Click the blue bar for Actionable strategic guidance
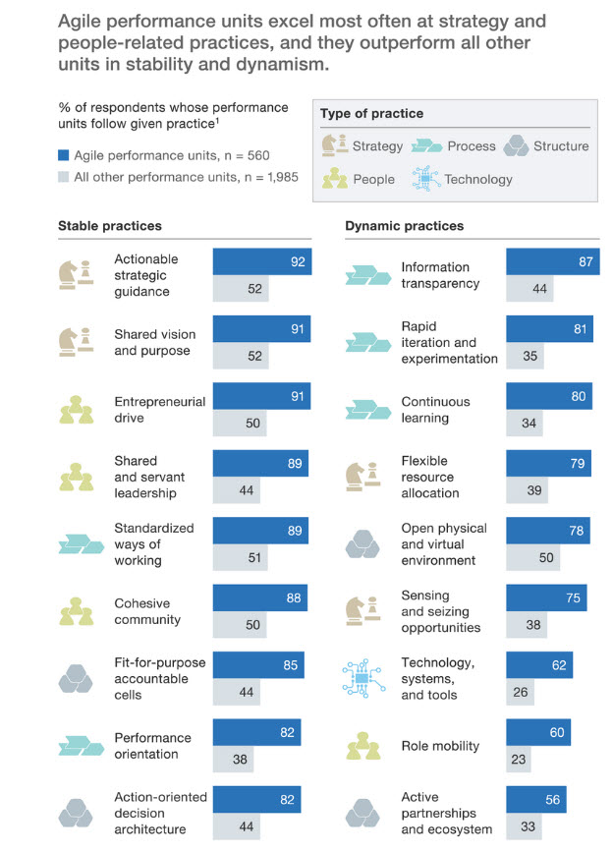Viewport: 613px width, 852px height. click(x=261, y=261)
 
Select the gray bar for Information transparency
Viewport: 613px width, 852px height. click(x=529, y=289)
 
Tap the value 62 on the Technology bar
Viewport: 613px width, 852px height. click(x=559, y=666)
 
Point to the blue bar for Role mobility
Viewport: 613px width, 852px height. click(x=537, y=733)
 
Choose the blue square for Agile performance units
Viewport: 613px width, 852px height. click(x=64, y=154)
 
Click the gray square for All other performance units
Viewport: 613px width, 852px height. click(x=64, y=178)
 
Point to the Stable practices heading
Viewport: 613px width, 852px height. click(x=110, y=226)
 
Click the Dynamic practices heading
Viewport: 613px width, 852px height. click(x=404, y=226)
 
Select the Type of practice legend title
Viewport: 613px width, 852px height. click(x=371, y=114)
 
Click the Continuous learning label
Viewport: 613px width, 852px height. click(x=435, y=410)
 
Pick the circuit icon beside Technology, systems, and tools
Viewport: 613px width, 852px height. click(x=363, y=678)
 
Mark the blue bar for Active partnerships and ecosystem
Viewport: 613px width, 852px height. click(x=535, y=800)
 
